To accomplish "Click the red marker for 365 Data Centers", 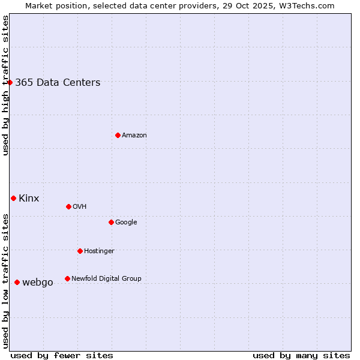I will (x=10, y=82).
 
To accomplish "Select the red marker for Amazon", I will (x=118, y=135).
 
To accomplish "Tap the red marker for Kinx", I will (x=13, y=198).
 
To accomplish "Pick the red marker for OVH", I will (x=68, y=206).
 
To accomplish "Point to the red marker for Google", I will (x=111, y=222).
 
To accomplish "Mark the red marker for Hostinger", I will (x=80, y=251).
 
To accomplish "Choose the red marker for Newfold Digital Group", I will (x=67, y=278).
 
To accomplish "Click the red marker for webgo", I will (x=17, y=282).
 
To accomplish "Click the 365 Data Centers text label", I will (x=58, y=83).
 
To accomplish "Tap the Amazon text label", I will (x=134, y=136).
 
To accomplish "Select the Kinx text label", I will (x=29, y=199).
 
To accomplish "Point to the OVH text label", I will (x=79, y=207).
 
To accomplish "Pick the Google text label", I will (x=126, y=223).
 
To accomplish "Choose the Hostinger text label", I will (x=99, y=251).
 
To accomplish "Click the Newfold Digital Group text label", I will (x=106, y=279).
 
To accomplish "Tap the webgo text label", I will (x=38, y=283).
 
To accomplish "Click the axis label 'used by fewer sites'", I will (x=62, y=355).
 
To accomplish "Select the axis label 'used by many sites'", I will (x=301, y=355).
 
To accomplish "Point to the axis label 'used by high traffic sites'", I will (x=6, y=85).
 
